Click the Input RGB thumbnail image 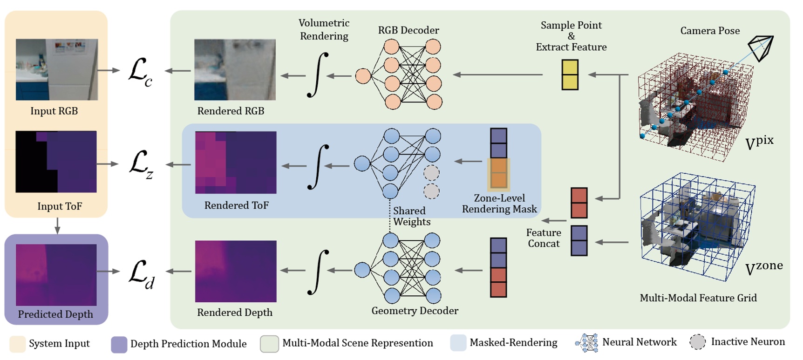tap(57, 69)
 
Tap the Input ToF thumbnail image tap(56, 162)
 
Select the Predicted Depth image tap(56, 275)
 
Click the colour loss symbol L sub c tap(140, 72)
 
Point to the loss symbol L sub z tap(141, 164)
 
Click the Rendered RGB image tap(235, 70)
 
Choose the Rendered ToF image tap(236, 162)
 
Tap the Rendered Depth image tap(236, 271)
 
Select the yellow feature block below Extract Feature tap(570, 75)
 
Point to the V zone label tap(763, 268)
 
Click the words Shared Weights tap(411, 216)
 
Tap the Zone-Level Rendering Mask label tap(499, 204)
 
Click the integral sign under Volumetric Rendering tap(318, 75)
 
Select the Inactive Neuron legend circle tap(697, 342)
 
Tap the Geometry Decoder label tap(415, 311)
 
